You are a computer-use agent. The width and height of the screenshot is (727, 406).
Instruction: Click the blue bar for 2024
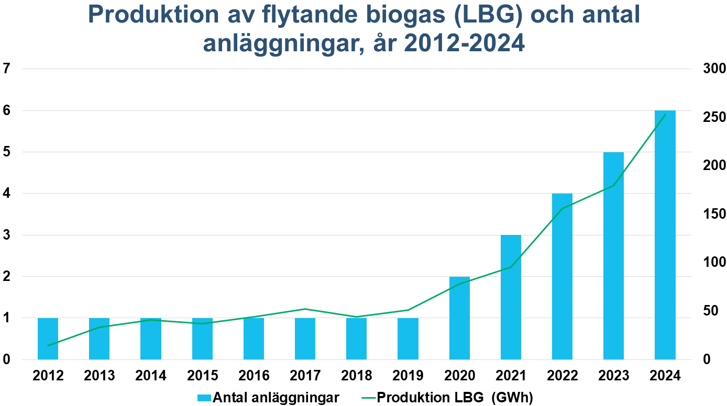point(665,235)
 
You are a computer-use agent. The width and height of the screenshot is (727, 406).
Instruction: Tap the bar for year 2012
point(48,339)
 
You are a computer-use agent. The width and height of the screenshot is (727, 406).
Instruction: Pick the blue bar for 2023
point(613,256)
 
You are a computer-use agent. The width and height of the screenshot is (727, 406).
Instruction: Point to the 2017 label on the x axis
point(305,376)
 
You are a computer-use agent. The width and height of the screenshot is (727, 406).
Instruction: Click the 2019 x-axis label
point(408,376)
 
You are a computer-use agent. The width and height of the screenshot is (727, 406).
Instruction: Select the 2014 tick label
point(151,376)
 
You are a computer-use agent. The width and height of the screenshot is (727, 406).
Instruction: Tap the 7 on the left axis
point(6,69)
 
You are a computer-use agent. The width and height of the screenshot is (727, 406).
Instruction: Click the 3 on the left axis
point(6,235)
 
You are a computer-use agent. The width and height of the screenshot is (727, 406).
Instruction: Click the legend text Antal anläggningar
point(276,398)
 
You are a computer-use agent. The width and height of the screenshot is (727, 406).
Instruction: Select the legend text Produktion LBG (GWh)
point(455,398)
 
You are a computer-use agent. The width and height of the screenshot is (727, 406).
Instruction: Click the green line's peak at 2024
point(665,115)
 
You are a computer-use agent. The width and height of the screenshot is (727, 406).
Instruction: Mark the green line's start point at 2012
point(48,345)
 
